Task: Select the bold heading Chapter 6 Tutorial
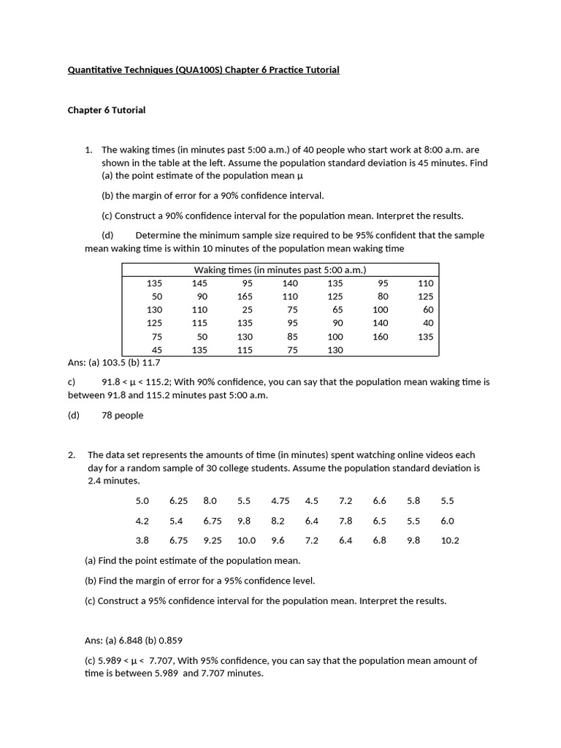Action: coord(107,110)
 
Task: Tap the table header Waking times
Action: coord(280,270)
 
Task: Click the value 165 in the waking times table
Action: coord(245,297)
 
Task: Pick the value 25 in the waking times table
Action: coord(248,310)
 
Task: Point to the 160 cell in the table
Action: coord(381,337)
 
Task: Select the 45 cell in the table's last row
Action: coord(157,350)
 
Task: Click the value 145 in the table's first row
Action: coord(199,283)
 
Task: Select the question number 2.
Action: coord(72,455)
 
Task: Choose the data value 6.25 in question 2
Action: coord(179,501)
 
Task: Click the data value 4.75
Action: coord(280,501)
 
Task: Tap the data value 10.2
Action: coord(451,541)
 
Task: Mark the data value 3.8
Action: coord(142,541)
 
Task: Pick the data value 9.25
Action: coord(213,541)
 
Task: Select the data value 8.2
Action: coord(278,521)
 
